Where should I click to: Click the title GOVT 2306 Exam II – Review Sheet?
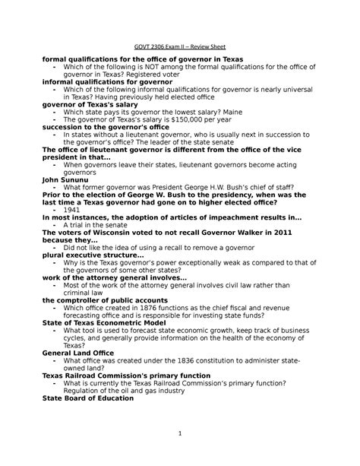180,46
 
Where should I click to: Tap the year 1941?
73,209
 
